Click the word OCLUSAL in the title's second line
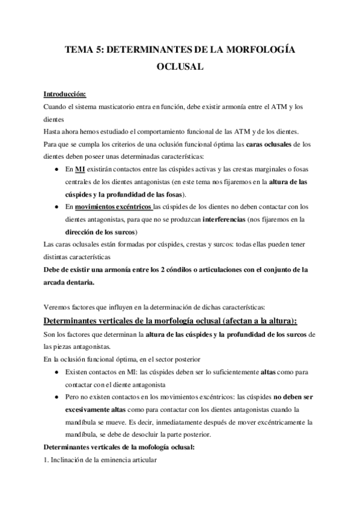180,68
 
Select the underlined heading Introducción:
65,94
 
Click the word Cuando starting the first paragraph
56,106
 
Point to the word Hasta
54,132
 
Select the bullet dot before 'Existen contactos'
55,372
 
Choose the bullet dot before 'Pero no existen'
55,397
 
